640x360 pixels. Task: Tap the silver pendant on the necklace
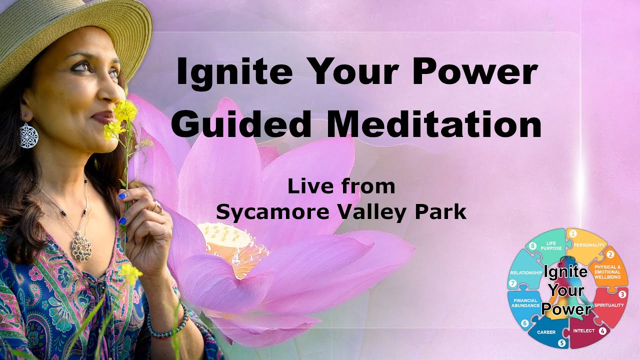81,245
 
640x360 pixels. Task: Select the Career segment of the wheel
545,332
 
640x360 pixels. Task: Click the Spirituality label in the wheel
608,304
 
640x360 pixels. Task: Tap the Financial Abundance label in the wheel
525,303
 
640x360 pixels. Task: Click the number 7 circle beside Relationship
512,283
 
